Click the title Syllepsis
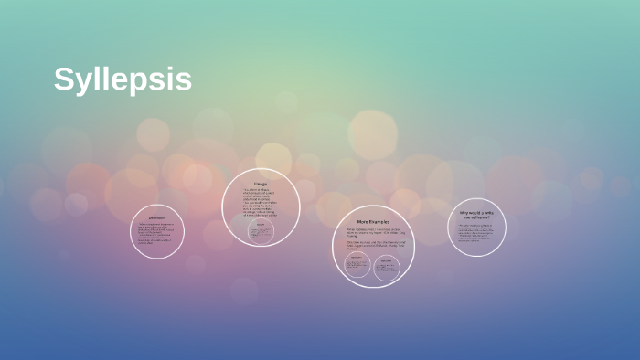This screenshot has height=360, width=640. (x=123, y=80)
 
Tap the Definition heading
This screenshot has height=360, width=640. (x=157, y=217)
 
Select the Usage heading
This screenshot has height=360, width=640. (x=261, y=184)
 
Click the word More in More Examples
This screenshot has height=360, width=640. (x=363, y=221)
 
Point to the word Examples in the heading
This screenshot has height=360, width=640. (x=379, y=221)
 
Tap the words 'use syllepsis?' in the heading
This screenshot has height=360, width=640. (x=476, y=217)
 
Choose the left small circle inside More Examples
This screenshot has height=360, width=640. (x=357, y=265)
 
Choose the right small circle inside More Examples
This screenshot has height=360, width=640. (x=387, y=266)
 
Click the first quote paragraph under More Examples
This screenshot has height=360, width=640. (x=373, y=231)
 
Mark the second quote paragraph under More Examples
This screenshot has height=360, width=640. (x=373, y=245)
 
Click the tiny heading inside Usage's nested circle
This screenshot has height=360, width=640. (x=261, y=225)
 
